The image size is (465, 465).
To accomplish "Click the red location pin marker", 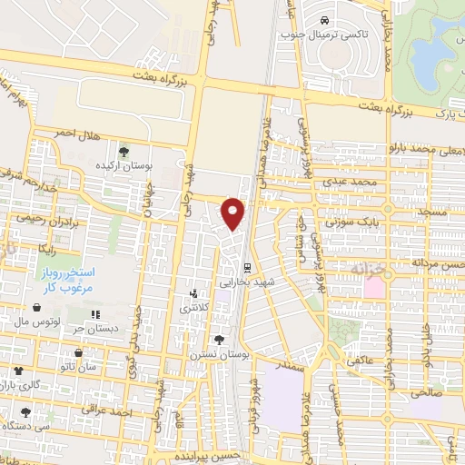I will pyautogui.click(x=234, y=213).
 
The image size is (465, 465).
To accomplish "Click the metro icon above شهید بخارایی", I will pyautogui.click(x=246, y=266).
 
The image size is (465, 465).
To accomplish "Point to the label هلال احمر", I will pyautogui.click(x=74, y=133).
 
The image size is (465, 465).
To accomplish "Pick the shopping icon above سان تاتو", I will pyautogui.click(x=80, y=352).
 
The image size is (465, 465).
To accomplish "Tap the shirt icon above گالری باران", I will pyautogui.click(x=18, y=371).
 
